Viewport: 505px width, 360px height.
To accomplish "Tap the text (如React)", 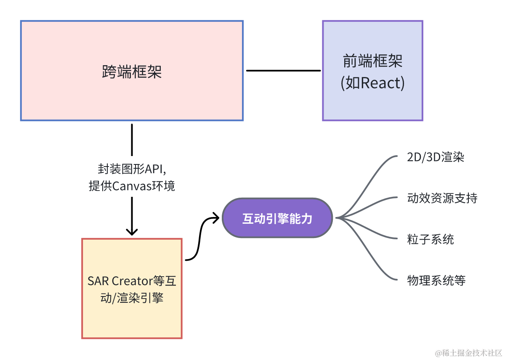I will click(x=372, y=83).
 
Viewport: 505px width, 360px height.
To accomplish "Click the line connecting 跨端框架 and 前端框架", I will click(x=283, y=71).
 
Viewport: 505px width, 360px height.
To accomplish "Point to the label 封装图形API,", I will click(x=132, y=169).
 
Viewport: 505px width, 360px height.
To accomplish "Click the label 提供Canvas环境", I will click(x=132, y=186).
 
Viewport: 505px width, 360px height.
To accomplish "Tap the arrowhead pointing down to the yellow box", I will click(x=132, y=231).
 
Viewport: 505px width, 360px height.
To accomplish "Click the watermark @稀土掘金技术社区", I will click(x=468, y=353).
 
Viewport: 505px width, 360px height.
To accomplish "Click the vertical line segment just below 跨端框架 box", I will click(x=132, y=139).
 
